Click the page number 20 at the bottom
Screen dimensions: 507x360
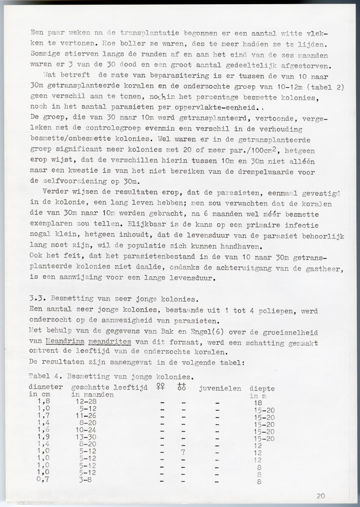click(321, 496)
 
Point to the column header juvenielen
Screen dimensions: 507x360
click(220, 388)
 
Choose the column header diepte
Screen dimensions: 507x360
click(262, 388)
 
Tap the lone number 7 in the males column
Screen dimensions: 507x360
click(183, 452)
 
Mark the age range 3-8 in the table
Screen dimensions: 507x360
click(86, 480)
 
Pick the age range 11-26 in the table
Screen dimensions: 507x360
click(86, 417)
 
